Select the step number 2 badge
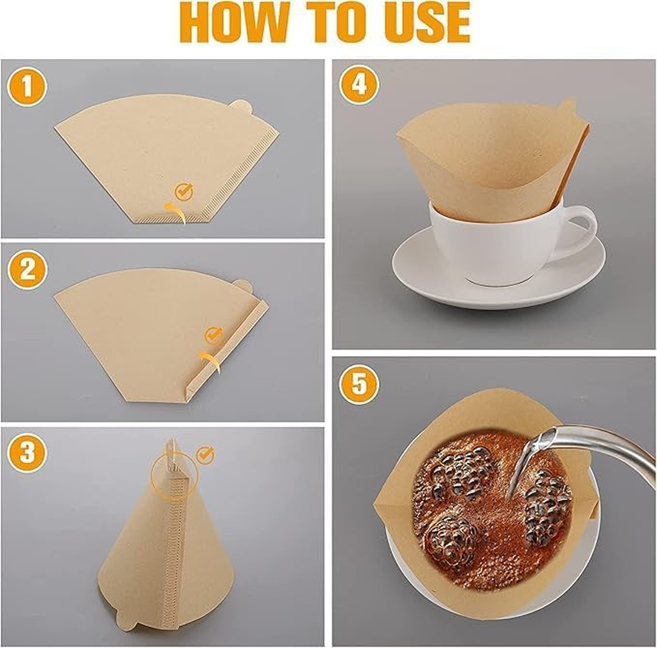[27, 271]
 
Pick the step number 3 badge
[27, 453]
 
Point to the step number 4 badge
[359, 85]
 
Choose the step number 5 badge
[359, 382]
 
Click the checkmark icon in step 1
[185, 191]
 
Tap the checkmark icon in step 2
[213, 334]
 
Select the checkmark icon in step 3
[205, 455]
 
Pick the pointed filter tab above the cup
[568, 108]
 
